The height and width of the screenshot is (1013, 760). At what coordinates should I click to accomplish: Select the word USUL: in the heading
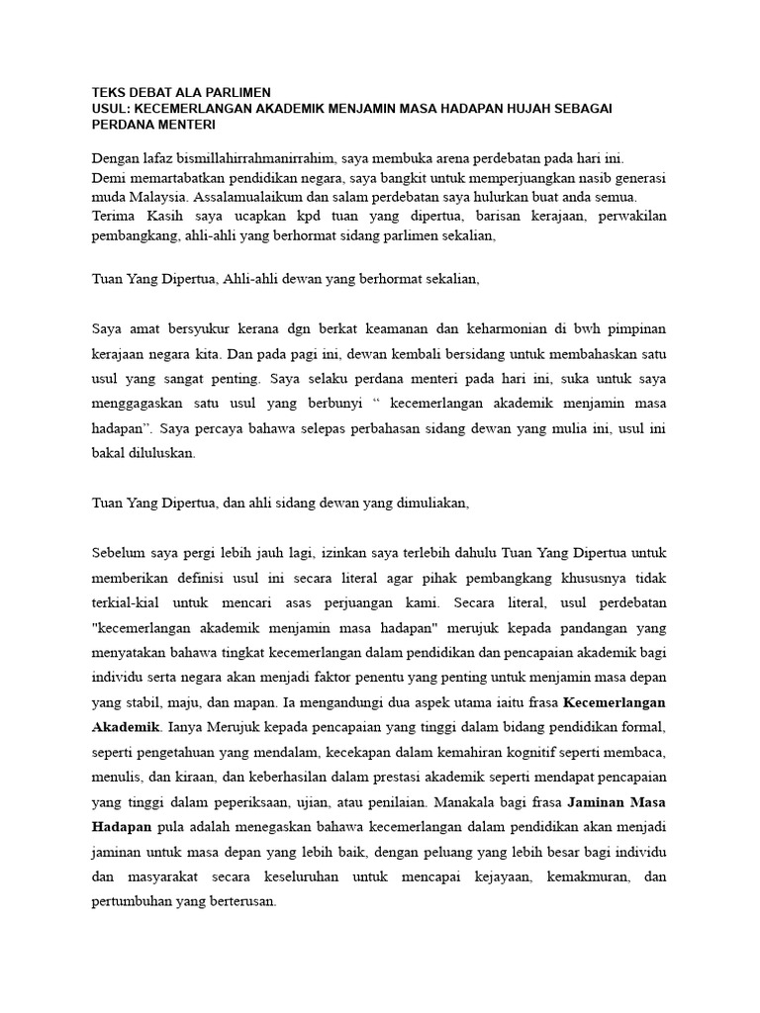111,109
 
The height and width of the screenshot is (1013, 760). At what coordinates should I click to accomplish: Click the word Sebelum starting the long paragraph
118,551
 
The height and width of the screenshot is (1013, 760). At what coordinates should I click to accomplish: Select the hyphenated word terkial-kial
129,600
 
